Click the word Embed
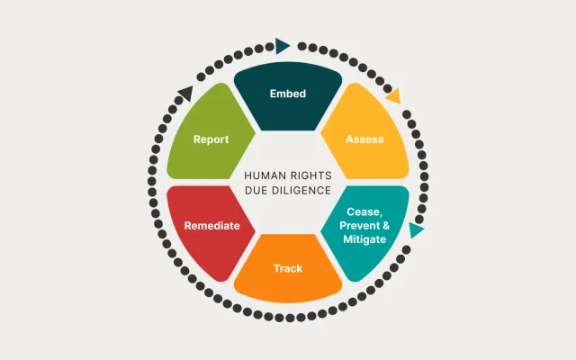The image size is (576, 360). click(x=288, y=94)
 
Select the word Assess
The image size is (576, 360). click(x=364, y=139)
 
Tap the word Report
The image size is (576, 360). click(x=211, y=139)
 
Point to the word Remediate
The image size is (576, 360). click(x=211, y=226)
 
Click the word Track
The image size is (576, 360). click(x=288, y=268)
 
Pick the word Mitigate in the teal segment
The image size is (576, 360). click(x=364, y=240)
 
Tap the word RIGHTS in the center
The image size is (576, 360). click(x=310, y=175)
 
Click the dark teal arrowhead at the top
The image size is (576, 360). click(x=283, y=45)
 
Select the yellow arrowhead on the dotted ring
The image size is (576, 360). click(x=393, y=94)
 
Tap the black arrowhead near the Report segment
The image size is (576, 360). click(x=185, y=92)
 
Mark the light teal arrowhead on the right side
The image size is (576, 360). click(x=416, y=230)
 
